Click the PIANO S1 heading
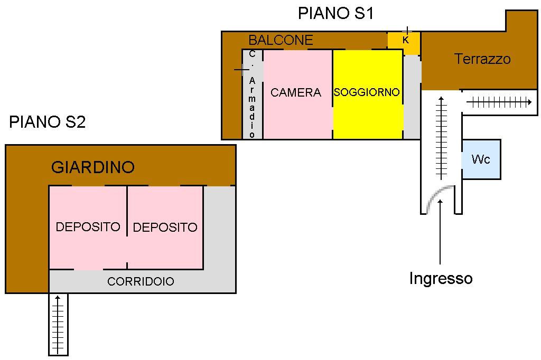(335, 13)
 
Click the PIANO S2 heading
(47, 122)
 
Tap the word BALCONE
(281, 40)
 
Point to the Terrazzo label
(482, 59)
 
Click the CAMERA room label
(296, 92)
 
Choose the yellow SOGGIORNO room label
(367, 92)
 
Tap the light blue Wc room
(481, 159)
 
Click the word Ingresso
(441, 278)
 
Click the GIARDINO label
(93, 167)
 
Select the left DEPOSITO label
(88, 227)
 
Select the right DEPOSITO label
(165, 227)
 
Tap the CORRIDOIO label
(141, 281)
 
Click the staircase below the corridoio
(58, 324)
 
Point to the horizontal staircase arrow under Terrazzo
(499, 102)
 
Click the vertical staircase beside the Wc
(441, 138)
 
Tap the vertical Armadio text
(252, 107)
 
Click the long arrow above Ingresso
(440, 232)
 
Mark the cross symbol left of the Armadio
(241, 70)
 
